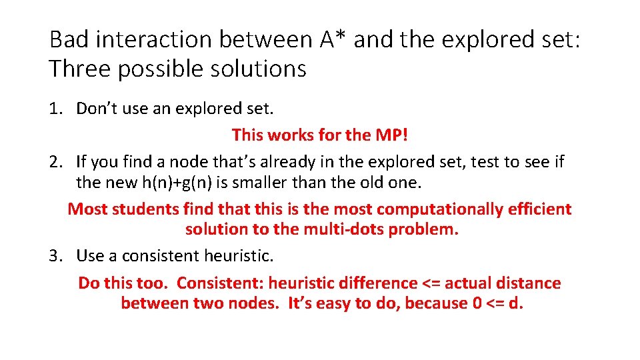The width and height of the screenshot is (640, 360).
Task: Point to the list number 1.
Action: (x=55, y=108)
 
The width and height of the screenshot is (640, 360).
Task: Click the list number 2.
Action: (x=55, y=161)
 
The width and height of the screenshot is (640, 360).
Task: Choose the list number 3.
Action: (x=55, y=255)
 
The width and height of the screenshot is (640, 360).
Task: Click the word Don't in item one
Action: (x=97, y=108)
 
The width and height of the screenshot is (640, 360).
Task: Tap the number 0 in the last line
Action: (x=473, y=303)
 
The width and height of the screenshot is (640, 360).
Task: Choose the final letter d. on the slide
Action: (x=517, y=303)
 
